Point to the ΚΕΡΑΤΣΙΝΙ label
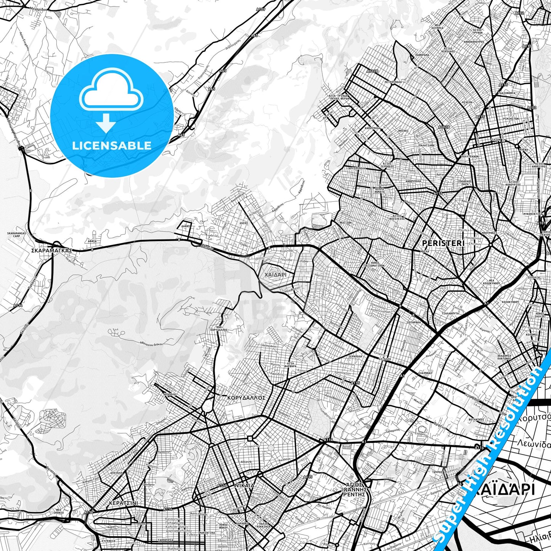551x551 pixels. point(123,503)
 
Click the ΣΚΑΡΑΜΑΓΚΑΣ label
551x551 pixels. point(52,251)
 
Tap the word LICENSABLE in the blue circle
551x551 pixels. point(112,145)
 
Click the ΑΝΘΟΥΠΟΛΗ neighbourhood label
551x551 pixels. point(413,181)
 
